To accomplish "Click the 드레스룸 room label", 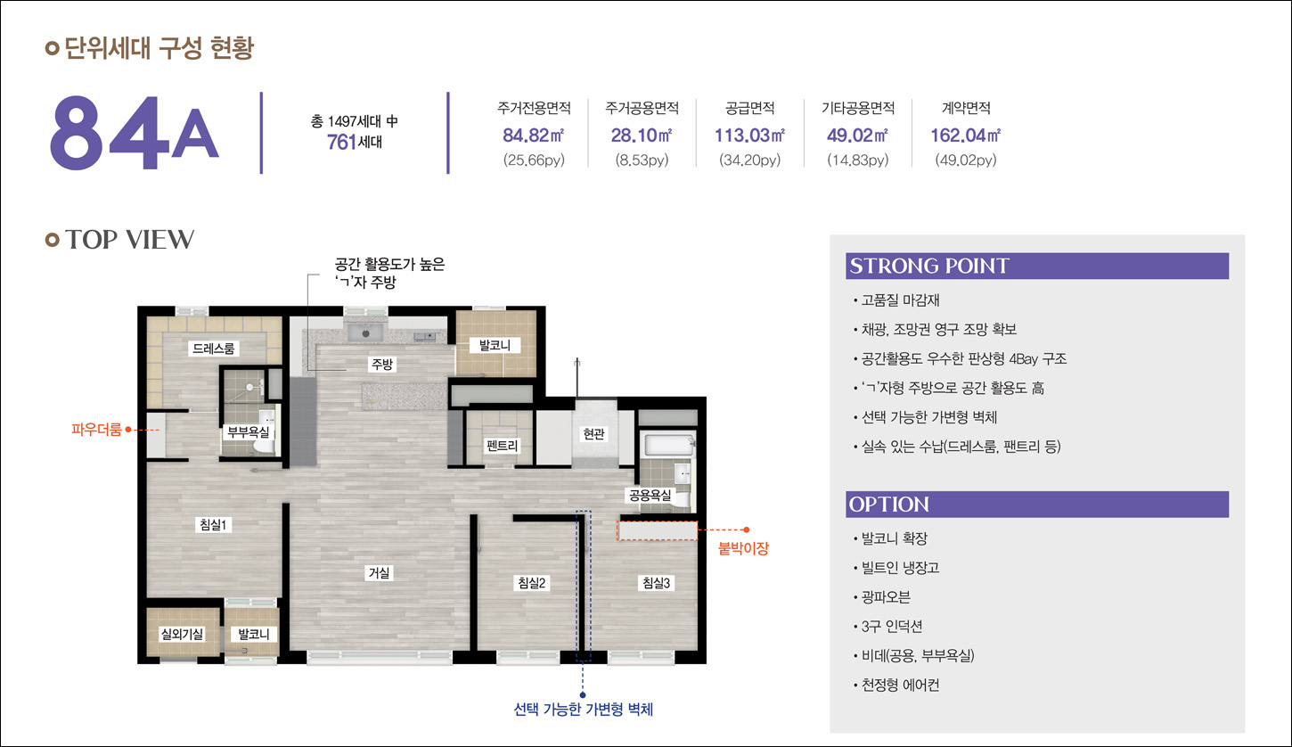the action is tap(214, 349).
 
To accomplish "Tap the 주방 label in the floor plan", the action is tap(382, 364).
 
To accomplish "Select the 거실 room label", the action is tap(379, 573).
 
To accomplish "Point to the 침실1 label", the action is tap(214, 524).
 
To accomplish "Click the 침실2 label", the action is tap(531, 583).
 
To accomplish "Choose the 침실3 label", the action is tap(657, 583).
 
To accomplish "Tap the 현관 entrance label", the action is tap(593, 433).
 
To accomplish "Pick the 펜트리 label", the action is tap(502, 446).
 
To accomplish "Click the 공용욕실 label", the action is tap(650, 495).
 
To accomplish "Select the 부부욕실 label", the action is tap(248, 431).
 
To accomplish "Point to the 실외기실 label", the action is tap(182, 634).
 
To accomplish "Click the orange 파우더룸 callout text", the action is tap(96, 429).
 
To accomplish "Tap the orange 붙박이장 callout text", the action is tap(743, 548).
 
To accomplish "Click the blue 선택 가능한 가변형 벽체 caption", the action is tap(583, 709).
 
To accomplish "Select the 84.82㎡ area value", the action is tap(533, 135).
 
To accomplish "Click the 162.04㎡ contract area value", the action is tap(966, 135).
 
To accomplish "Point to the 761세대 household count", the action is tap(355, 142).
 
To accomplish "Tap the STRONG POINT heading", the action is tap(929, 266).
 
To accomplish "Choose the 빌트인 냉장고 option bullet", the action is tap(900, 568).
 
